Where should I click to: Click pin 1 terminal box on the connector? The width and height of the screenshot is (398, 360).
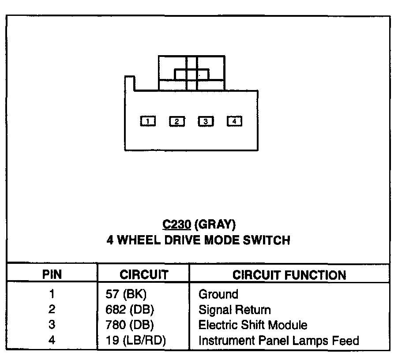[x=148, y=121]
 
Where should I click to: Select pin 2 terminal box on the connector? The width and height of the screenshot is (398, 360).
[x=177, y=121]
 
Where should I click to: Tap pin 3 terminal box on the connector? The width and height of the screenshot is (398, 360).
[x=206, y=121]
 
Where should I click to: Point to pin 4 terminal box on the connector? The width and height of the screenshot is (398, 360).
[x=234, y=120]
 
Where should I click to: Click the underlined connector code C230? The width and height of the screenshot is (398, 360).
[x=176, y=225]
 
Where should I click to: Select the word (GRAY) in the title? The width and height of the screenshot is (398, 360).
[x=215, y=225]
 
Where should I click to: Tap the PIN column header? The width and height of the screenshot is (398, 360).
[x=52, y=275]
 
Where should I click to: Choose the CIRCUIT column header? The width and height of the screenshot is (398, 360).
[x=144, y=275]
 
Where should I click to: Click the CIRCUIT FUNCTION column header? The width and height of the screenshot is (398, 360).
[x=289, y=275]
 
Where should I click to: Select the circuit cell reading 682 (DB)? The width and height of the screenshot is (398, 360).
[x=128, y=310]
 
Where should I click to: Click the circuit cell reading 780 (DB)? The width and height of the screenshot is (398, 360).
[x=128, y=325]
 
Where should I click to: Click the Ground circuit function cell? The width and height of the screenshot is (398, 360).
[x=218, y=294]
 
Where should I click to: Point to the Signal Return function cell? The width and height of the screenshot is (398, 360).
[x=235, y=310]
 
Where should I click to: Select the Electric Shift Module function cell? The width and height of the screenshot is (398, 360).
[x=253, y=325]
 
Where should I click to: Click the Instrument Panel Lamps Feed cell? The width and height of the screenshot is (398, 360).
[x=279, y=341]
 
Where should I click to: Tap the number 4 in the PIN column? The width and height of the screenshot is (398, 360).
[x=52, y=341]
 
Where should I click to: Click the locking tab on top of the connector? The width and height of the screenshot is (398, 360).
[x=191, y=73]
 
